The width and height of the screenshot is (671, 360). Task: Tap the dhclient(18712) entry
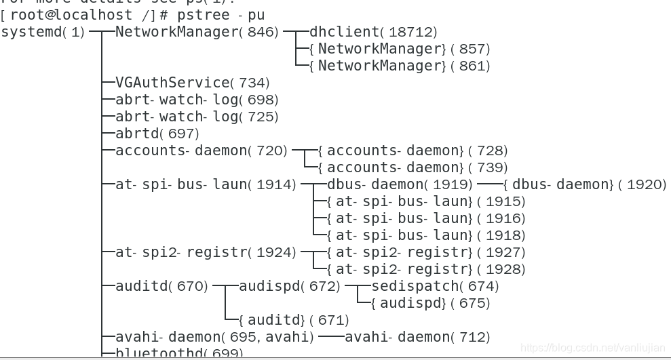373,32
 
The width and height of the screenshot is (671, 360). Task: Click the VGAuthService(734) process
193,83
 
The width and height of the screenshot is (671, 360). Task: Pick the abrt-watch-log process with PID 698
197,100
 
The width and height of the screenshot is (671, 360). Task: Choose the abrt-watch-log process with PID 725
197,117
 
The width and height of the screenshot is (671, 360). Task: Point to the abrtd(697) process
157,134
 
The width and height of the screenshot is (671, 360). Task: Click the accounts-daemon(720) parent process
202,151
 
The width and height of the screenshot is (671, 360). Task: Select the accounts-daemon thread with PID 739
413,167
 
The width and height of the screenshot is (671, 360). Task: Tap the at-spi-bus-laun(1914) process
206,184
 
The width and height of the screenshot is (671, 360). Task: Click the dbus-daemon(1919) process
400,184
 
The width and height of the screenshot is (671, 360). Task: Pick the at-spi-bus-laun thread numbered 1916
425,218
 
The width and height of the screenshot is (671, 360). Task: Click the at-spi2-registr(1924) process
206,252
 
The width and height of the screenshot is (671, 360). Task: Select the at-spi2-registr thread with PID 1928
425,269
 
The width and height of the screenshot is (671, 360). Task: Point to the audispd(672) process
289,286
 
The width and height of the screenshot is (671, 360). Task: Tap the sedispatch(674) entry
435,286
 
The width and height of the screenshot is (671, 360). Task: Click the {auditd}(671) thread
294,320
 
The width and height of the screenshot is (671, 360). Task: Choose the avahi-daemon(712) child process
417,337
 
